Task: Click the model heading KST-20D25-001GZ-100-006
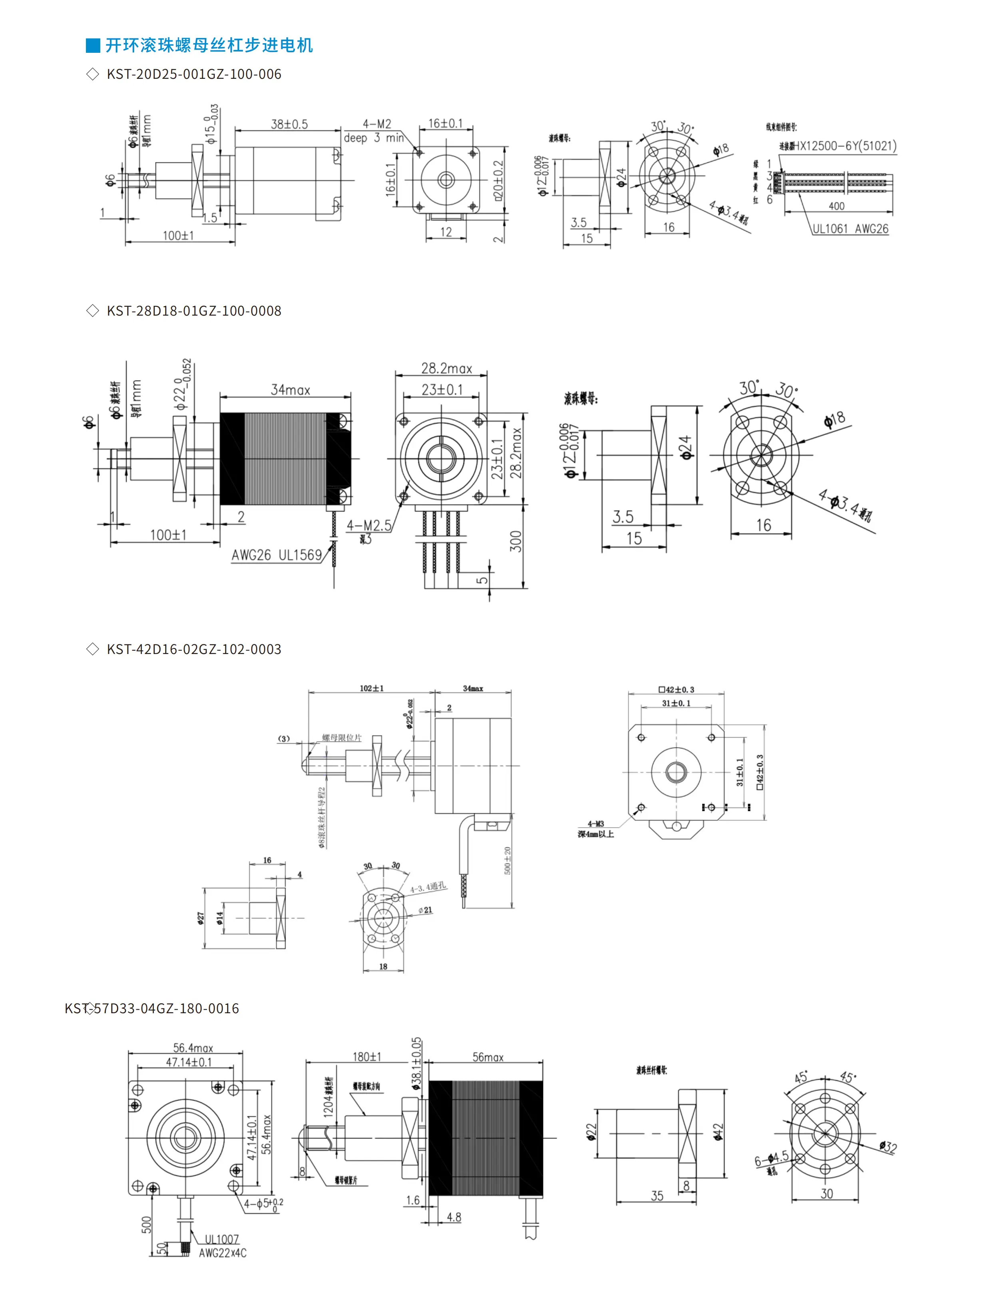point(193,74)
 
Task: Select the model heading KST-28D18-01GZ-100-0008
point(193,310)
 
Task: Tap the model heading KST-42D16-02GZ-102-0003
point(193,649)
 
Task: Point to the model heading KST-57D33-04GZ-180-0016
point(152,1008)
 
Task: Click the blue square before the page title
point(93,46)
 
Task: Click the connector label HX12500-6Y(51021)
point(845,146)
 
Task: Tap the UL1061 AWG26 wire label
point(850,229)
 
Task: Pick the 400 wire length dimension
point(836,206)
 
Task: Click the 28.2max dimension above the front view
point(446,368)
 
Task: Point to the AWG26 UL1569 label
point(276,555)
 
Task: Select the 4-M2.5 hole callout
point(369,525)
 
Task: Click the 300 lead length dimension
point(516,541)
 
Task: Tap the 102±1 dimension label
point(371,688)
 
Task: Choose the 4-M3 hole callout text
point(595,824)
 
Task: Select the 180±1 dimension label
point(366,1056)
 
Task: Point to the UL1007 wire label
point(222,1239)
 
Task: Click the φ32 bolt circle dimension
point(887,1147)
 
